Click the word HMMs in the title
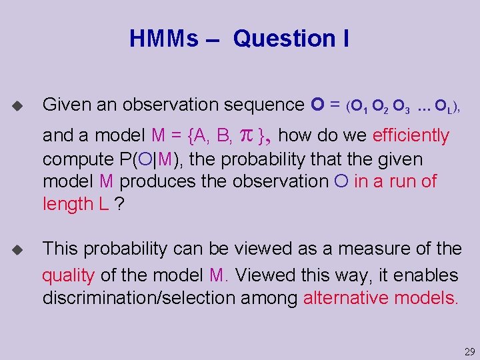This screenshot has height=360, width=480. tap(163, 39)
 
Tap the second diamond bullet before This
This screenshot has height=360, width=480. tap(17, 250)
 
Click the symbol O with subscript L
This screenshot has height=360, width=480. tap(443, 106)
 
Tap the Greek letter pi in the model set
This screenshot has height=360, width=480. tap(245, 136)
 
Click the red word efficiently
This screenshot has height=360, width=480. tap(411, 136)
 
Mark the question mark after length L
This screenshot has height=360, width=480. tap(119, 204)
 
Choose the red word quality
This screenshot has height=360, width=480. tap(68, 275)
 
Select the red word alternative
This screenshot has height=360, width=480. tap(346, 297)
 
